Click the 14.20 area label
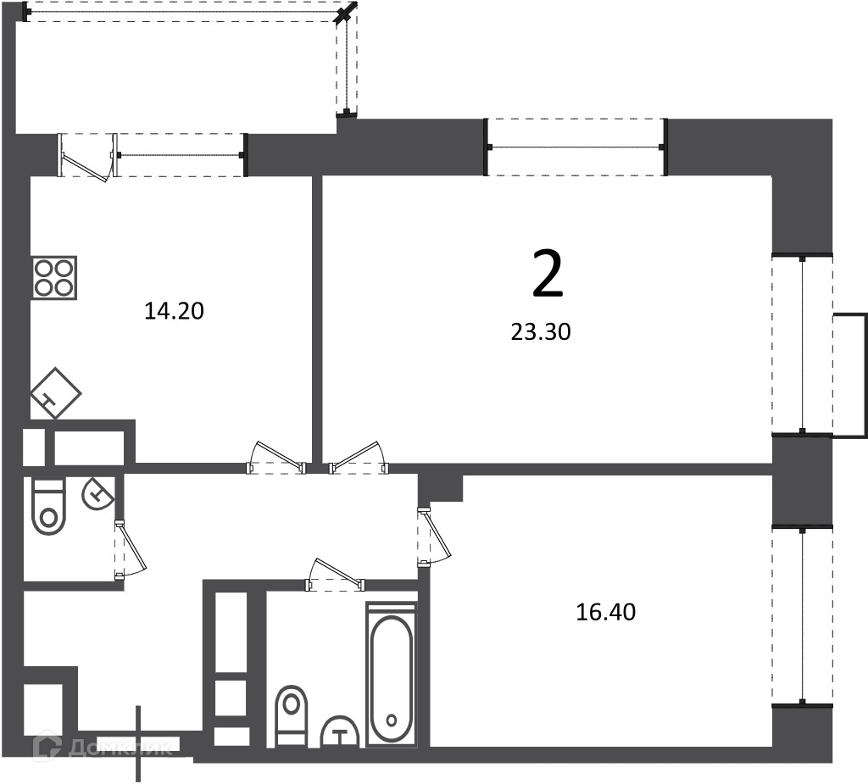pos(174,311)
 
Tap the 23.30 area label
pos(541,332)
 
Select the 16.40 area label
pos(605,612)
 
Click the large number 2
pos(548,274)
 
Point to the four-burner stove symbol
pos(53,278)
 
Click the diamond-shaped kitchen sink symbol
pos(55,393)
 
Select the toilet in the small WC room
pos(48,507)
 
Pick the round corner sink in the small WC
pos(98,492)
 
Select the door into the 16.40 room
pos(435,536)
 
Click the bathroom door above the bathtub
pos(336,575)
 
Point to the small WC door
pos(131,550)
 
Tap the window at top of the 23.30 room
pos(576,147)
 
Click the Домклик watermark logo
pos(103,748)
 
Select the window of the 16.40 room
pos(802,615)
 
